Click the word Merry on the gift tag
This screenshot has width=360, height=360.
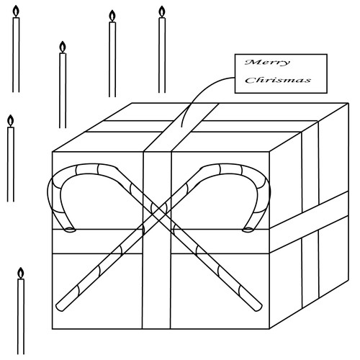267,63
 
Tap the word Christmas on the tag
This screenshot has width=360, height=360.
278,80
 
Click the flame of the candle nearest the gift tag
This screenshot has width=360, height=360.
162,12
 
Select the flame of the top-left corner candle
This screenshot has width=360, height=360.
16,12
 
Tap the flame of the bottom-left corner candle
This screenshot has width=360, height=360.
21,274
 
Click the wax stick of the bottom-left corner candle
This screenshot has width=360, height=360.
21,317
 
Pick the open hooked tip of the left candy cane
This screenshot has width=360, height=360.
70,230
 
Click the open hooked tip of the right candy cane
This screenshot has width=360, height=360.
248,230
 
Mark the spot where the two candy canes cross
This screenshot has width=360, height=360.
158,210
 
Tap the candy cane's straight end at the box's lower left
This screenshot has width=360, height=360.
59,307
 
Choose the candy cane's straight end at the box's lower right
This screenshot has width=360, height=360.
258,307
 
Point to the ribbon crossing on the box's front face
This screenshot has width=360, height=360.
157,241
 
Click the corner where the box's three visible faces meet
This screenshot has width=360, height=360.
269,152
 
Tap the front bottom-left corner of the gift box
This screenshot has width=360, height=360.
53,328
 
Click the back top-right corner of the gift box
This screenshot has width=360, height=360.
348,103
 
